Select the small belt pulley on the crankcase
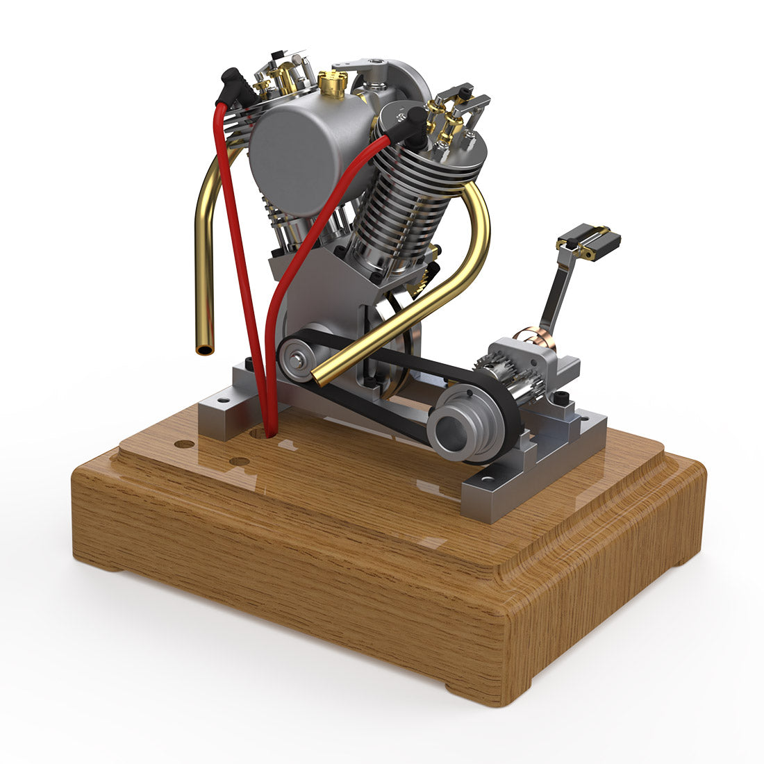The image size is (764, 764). pos(297,359)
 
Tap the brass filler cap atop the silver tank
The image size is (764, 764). pos(333,85)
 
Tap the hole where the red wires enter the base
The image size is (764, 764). pos(261,433)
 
